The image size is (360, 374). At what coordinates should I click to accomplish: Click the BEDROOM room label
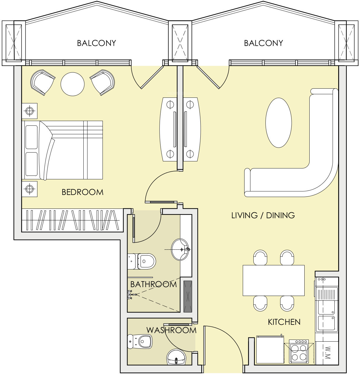tap(82, 192)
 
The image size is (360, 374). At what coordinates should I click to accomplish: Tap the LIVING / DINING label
tap(263, 216)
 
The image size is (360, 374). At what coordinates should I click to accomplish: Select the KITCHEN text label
tap(284, 322)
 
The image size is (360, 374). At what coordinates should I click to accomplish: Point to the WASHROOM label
tap(171, 330)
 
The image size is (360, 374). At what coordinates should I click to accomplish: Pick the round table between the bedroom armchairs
tap(72, 84)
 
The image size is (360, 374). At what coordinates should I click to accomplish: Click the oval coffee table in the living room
tap(278, 123)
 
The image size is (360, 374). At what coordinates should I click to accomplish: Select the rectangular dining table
tap(273, 280)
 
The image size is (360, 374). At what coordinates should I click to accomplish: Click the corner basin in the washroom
tap(176, 357)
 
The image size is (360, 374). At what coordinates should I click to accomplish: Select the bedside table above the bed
tap(29, 111)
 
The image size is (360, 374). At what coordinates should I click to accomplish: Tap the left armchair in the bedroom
tap(42, 82)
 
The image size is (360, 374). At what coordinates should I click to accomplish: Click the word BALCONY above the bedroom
tap(96, 43)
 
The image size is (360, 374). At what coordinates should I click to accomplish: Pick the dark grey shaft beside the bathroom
tap(188, 297)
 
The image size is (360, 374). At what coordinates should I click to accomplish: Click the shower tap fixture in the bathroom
tap(132, 294)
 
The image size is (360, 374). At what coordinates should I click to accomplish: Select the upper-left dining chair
tap(260, 258)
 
